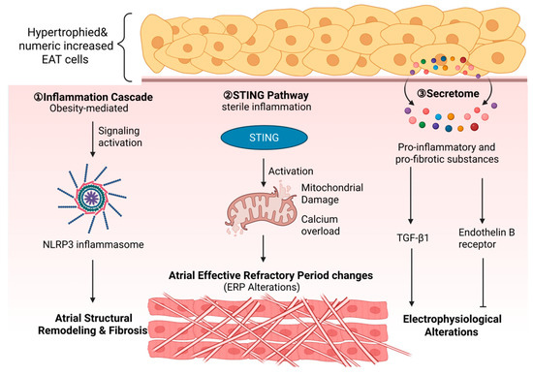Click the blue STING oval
coord(265,138)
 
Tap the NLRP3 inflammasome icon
coord(92,198)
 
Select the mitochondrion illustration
coord(260,208)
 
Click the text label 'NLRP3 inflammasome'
coord(93,244)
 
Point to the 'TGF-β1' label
coord(413,237)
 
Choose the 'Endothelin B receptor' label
coord(486,238)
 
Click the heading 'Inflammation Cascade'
coord(93,97)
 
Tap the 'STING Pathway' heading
coord(266,95)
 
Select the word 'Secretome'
coord(453,93)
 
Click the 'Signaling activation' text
coord(120,137)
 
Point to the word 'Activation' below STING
coord(291,171)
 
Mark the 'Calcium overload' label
coord(320,225)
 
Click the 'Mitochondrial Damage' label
coord(332,194)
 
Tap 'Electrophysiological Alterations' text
coord(453,326)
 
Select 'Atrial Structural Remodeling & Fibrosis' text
coord(93,325)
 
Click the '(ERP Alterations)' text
coord(262,287)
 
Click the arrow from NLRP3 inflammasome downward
coord(92,281)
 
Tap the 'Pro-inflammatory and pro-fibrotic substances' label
coord(447,153)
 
